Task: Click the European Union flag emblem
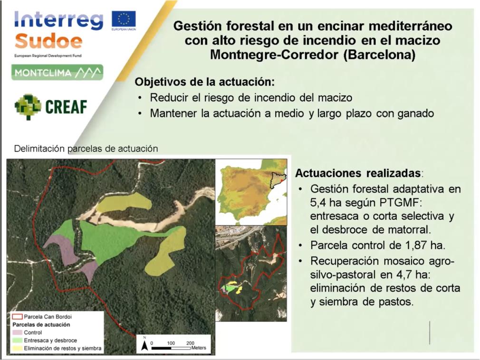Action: tap(124, 19)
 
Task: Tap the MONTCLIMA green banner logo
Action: tap(57, 73)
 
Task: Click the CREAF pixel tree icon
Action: tap(28, 107)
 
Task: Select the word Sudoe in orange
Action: tap(48, 41)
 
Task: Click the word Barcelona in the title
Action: tap(379, 55)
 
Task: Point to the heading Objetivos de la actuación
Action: tap(205, 82)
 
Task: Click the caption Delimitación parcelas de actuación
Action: tap(86, 149)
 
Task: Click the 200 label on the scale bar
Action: tap(190, 343)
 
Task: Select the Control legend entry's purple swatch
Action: tap(17, 332)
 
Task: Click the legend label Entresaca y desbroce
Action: tap(50, 341)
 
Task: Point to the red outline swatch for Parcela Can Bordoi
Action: tap(17, 317)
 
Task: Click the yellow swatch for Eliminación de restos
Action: tap(17, 348)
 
